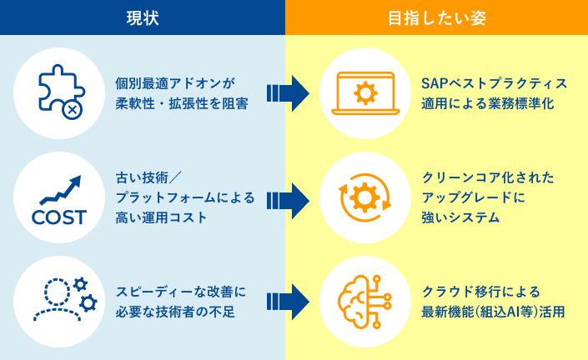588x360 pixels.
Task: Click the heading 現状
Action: tap(142, 17)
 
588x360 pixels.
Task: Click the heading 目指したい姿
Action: tap(436, 17)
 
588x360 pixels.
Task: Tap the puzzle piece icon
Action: tap(59, 92)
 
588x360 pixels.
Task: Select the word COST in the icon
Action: tap(58, 217)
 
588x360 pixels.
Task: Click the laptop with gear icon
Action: tap(364, 92)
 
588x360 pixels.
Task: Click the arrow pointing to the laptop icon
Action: tap(288, 92)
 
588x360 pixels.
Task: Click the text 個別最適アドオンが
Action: tap(175, 83)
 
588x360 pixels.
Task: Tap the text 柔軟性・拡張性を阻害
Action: tap(181, 105)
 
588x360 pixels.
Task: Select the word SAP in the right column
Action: tap(435, 83)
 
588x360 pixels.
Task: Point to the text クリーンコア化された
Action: tap(488, 177)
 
